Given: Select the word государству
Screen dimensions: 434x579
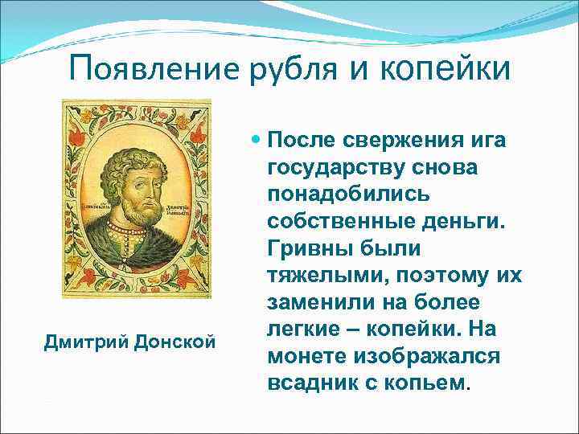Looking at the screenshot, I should tap(336, 169).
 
